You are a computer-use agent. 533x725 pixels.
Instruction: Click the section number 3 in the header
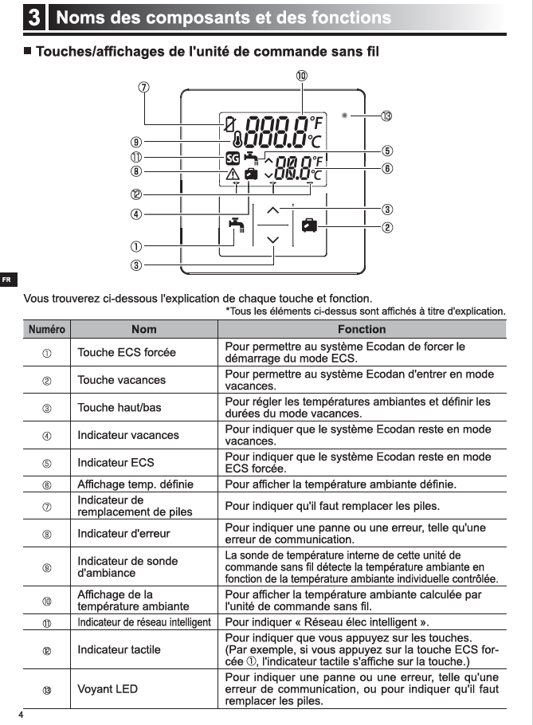pyautogui.click(x=35, y=18)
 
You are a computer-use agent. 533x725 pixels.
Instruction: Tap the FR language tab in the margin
pyautogui.click(x=7, y=280)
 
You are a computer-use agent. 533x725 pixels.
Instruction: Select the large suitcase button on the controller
pyautogui.click(x=309, y=225)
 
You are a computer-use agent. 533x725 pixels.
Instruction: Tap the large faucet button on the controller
pyautogui.click(x=235, y=225)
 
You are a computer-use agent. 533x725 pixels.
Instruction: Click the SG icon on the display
pyautogui.click(x=232, y=157)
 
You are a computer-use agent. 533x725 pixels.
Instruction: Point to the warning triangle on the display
pyautogui.click(x=232, y=174)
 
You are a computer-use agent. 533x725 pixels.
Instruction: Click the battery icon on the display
pyautogui.click(x=229, y=124)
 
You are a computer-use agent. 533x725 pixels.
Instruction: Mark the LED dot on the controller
pyautogui.click(x=344, y=116)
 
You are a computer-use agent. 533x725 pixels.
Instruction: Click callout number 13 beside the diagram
pyautogui.click(x=386, y=116)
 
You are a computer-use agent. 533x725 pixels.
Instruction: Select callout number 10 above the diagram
pyautogui.click(x=302, y=76)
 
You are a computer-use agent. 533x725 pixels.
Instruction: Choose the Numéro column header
pyautogui.click(x=47, y=329)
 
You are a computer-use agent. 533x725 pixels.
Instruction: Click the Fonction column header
pyautogui.click(x=361, y=329)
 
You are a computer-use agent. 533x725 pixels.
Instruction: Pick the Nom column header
pyautogui.click(x=144, y=329)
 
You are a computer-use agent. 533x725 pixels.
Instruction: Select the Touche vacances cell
pyautogui.click(x=121, y=380)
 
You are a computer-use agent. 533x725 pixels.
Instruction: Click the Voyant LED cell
pyautogui.click(x=107, y=688)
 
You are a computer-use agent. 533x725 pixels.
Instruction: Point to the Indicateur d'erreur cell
pyautogui.click(x=123, y=533)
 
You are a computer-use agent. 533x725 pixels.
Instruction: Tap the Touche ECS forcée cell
pyautogui.click(x=127, y=352)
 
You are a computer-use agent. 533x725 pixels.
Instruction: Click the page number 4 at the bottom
pyautogui.click(x=22, y=715)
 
